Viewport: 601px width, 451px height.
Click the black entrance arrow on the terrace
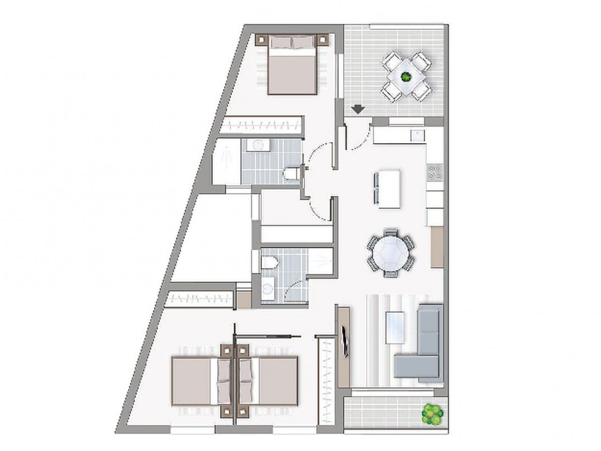(x=358, y=109)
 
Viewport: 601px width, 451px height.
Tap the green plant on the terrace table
(x=405, y=75)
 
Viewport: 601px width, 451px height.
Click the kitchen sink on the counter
(x=416, y=136)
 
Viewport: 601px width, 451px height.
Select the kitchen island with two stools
(x=389, y=189)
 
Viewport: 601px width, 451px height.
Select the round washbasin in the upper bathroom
(x=257, y=145)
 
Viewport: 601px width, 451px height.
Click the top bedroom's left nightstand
(x=261, y=40)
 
